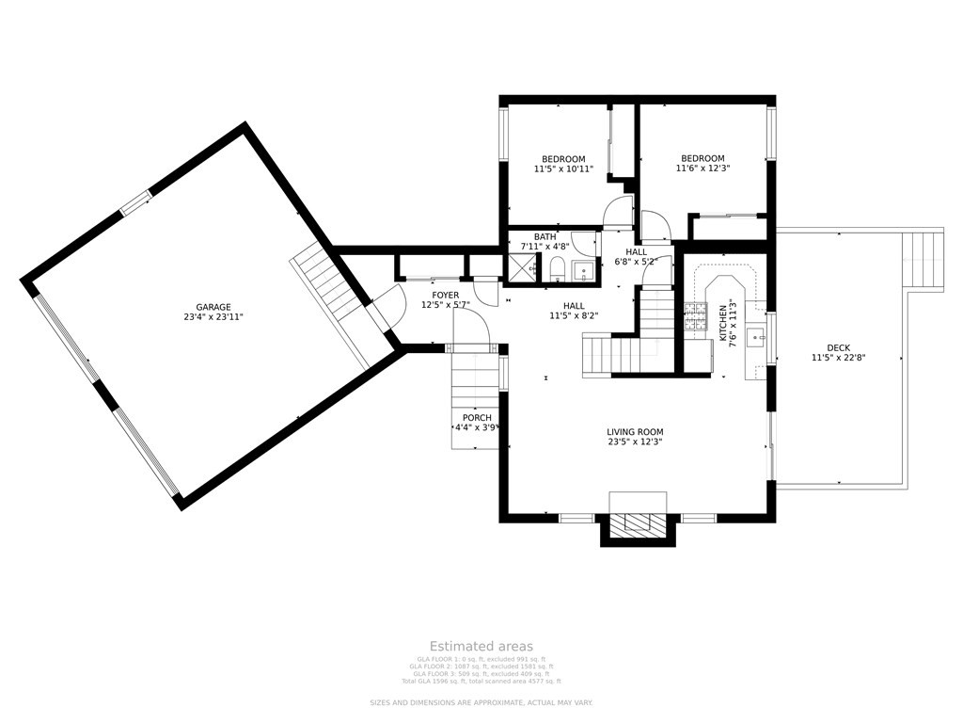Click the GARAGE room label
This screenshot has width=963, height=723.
pos(213,307)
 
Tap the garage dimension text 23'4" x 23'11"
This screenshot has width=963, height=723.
pos(213,318)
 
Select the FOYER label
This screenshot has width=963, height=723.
pos(446,296)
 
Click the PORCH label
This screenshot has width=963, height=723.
pos(477,418)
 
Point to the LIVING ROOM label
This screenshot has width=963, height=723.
pos(635,432)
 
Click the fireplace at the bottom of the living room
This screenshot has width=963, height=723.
pos(638,523)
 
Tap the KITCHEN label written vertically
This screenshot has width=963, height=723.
pos(723,323)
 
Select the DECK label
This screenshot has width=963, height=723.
pos(838,347)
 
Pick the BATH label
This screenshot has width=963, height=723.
pos(545,237)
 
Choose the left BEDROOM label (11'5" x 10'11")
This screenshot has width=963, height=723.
pos(563,159)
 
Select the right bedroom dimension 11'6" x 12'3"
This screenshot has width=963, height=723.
pos(703,169)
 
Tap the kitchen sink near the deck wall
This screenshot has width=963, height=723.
pos(754,336)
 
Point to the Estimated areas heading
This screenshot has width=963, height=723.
pos(481,646)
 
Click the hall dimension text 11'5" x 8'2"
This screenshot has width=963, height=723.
pos(574,317)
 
